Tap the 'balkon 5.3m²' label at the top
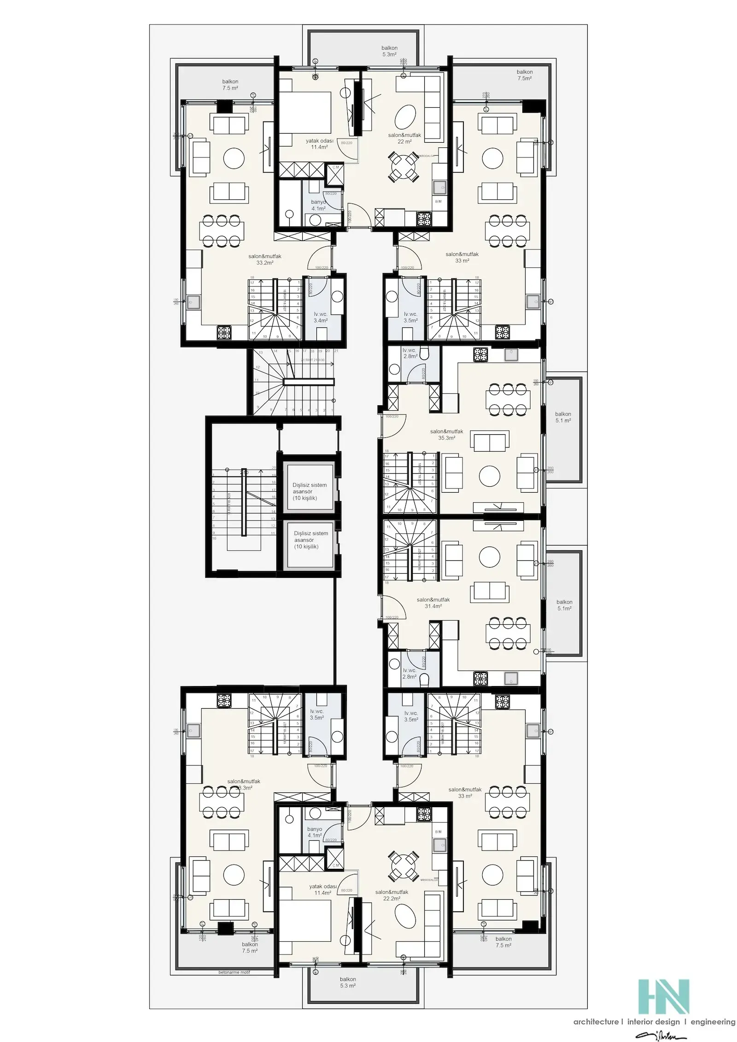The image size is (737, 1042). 389,51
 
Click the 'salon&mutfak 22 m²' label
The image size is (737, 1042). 404,138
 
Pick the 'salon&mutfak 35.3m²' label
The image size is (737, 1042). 446,435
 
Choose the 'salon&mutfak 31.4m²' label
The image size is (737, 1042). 433,603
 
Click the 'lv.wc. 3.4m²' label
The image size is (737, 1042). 320,317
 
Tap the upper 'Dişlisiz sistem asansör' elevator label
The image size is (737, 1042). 310,491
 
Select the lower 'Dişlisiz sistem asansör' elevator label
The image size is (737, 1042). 311,540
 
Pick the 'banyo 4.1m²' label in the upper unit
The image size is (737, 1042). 318,205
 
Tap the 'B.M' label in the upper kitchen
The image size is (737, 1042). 438,202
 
